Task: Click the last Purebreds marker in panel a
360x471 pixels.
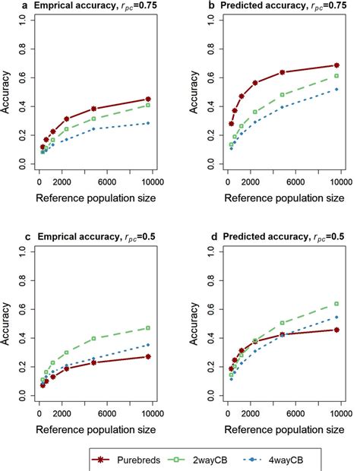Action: click(149, 99)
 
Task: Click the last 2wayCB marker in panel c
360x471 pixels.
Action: click(149, 328)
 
